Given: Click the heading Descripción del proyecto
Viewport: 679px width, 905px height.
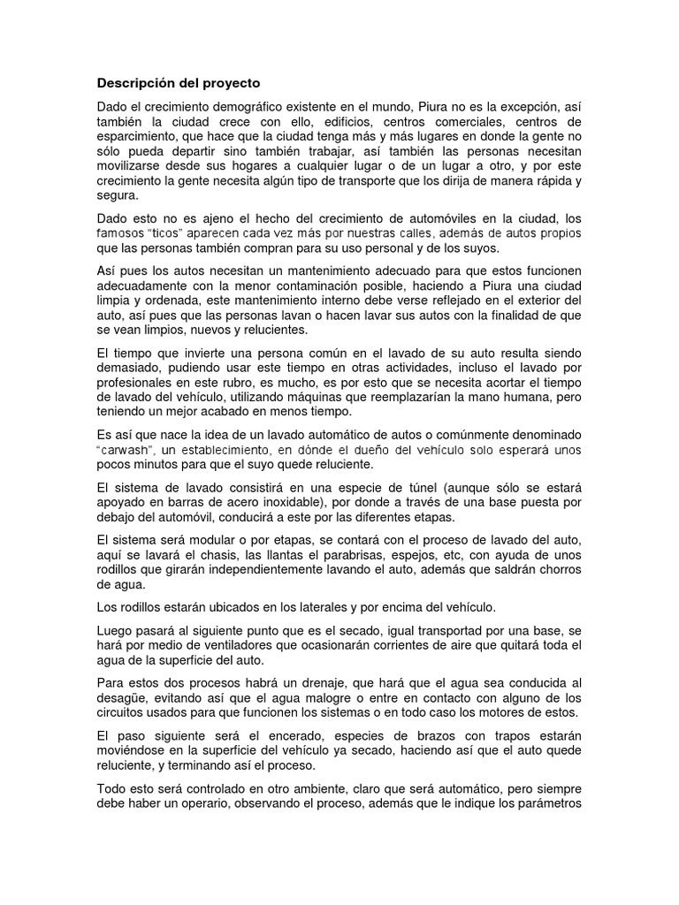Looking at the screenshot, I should (179, 83).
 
